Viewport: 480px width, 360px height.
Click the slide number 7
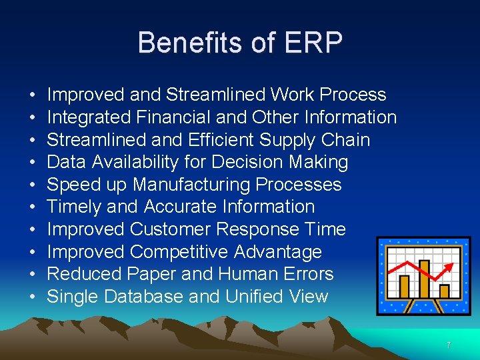click(x=449, y=345)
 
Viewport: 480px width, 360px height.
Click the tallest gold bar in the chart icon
click(x=423, y=279)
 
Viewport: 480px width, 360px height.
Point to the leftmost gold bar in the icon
click(x=404, y=287)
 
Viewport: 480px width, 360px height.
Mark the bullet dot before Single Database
click(x=33, y=297)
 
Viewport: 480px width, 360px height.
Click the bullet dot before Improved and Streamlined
click(x=33, y=95)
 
